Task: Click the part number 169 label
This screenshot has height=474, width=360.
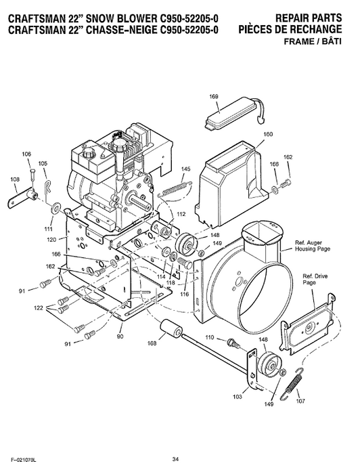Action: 214,98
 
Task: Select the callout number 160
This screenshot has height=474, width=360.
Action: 268,135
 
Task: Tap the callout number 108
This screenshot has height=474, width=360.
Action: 14,179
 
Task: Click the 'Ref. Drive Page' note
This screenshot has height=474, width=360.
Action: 309,286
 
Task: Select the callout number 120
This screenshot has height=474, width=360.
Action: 51,240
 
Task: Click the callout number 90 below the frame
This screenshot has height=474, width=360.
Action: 120,336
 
